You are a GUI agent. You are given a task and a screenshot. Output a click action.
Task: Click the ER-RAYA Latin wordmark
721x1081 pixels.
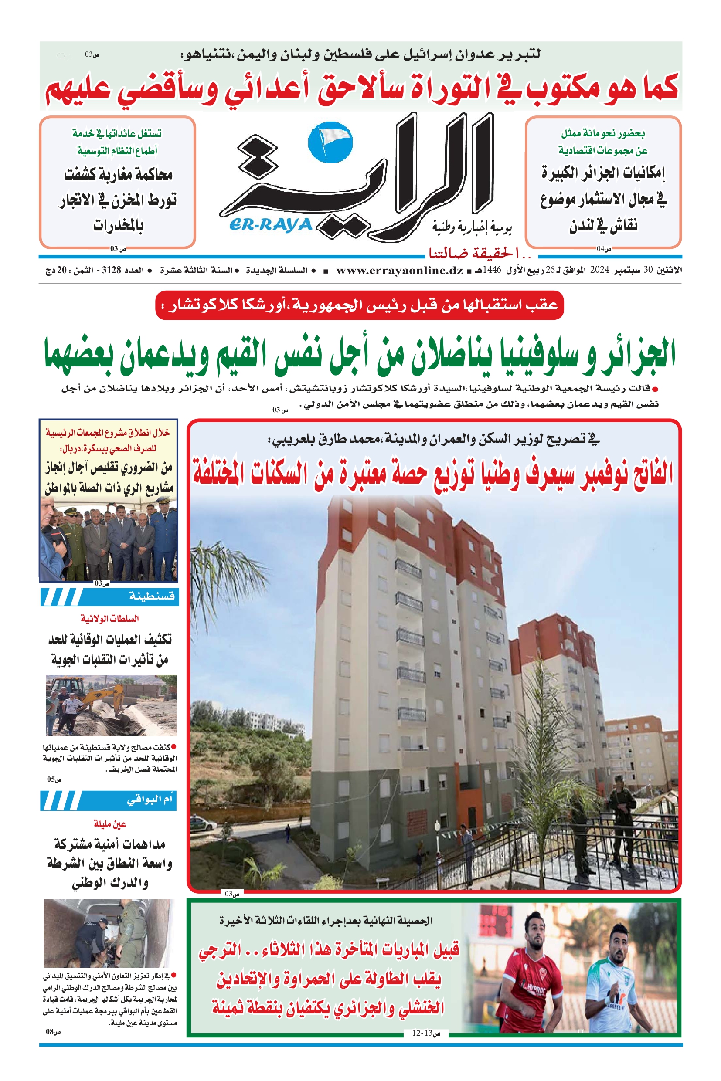pos(270,225)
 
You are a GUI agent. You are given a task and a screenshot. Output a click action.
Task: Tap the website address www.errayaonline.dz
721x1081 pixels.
pos(399,270)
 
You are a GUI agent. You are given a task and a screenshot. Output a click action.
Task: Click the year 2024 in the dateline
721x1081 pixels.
pos(600,270)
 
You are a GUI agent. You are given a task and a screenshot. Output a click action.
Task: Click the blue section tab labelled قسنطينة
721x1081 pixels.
pos(152,596)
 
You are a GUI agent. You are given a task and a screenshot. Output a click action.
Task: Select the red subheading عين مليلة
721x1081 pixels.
pos(110,823)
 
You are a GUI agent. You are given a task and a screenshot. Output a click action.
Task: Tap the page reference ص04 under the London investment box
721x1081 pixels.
pos(604,249)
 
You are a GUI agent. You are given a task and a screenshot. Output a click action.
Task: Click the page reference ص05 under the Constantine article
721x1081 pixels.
pos(54,779)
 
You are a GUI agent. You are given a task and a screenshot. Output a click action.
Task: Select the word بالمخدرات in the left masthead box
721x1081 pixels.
pos(119,226)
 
